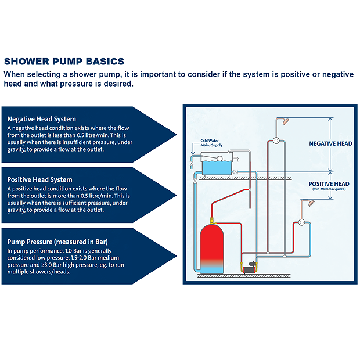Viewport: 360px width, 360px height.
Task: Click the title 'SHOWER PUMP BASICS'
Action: point(64,62)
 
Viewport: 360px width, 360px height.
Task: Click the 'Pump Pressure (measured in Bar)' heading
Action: point(57,240)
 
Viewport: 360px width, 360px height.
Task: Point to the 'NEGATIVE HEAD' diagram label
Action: point(330,143)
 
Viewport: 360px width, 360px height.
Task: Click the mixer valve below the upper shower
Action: point(276,141)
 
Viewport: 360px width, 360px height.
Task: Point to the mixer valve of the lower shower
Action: point(301,222)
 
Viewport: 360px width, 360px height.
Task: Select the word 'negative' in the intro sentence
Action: point(330,74)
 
